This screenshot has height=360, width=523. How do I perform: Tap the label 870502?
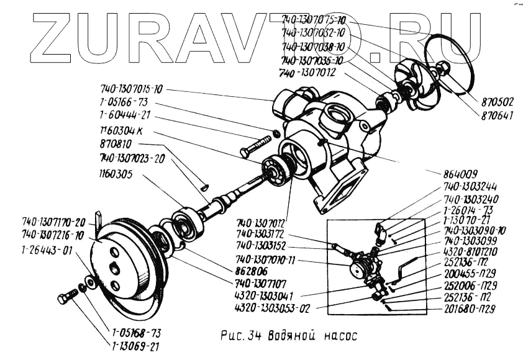[498, 101]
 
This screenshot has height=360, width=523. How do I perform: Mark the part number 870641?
[498, 115]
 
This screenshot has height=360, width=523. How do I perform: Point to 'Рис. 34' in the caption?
[242, 336]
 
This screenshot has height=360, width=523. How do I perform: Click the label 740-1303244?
[471, 187]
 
